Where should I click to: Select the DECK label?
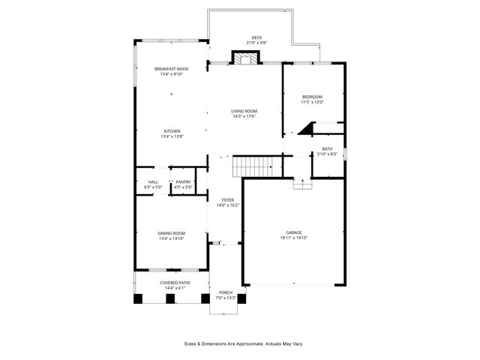[256, 37]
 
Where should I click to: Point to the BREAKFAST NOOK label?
[171, 68]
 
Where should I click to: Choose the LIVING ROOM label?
[244, 111]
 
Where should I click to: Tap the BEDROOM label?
[312, 96]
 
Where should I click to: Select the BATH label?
[327, 148]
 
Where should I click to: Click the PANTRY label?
[183, 181]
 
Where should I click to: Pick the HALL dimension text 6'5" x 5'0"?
[153, 187]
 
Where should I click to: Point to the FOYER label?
[226, 199]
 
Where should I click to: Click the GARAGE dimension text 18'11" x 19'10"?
[295, 238]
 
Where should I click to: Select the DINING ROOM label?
[171, 233]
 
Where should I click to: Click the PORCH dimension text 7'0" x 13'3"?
[226, 298]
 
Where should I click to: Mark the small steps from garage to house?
[301, 184]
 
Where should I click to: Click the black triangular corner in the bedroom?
[306, 130]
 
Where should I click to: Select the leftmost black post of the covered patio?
[138, 298]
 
